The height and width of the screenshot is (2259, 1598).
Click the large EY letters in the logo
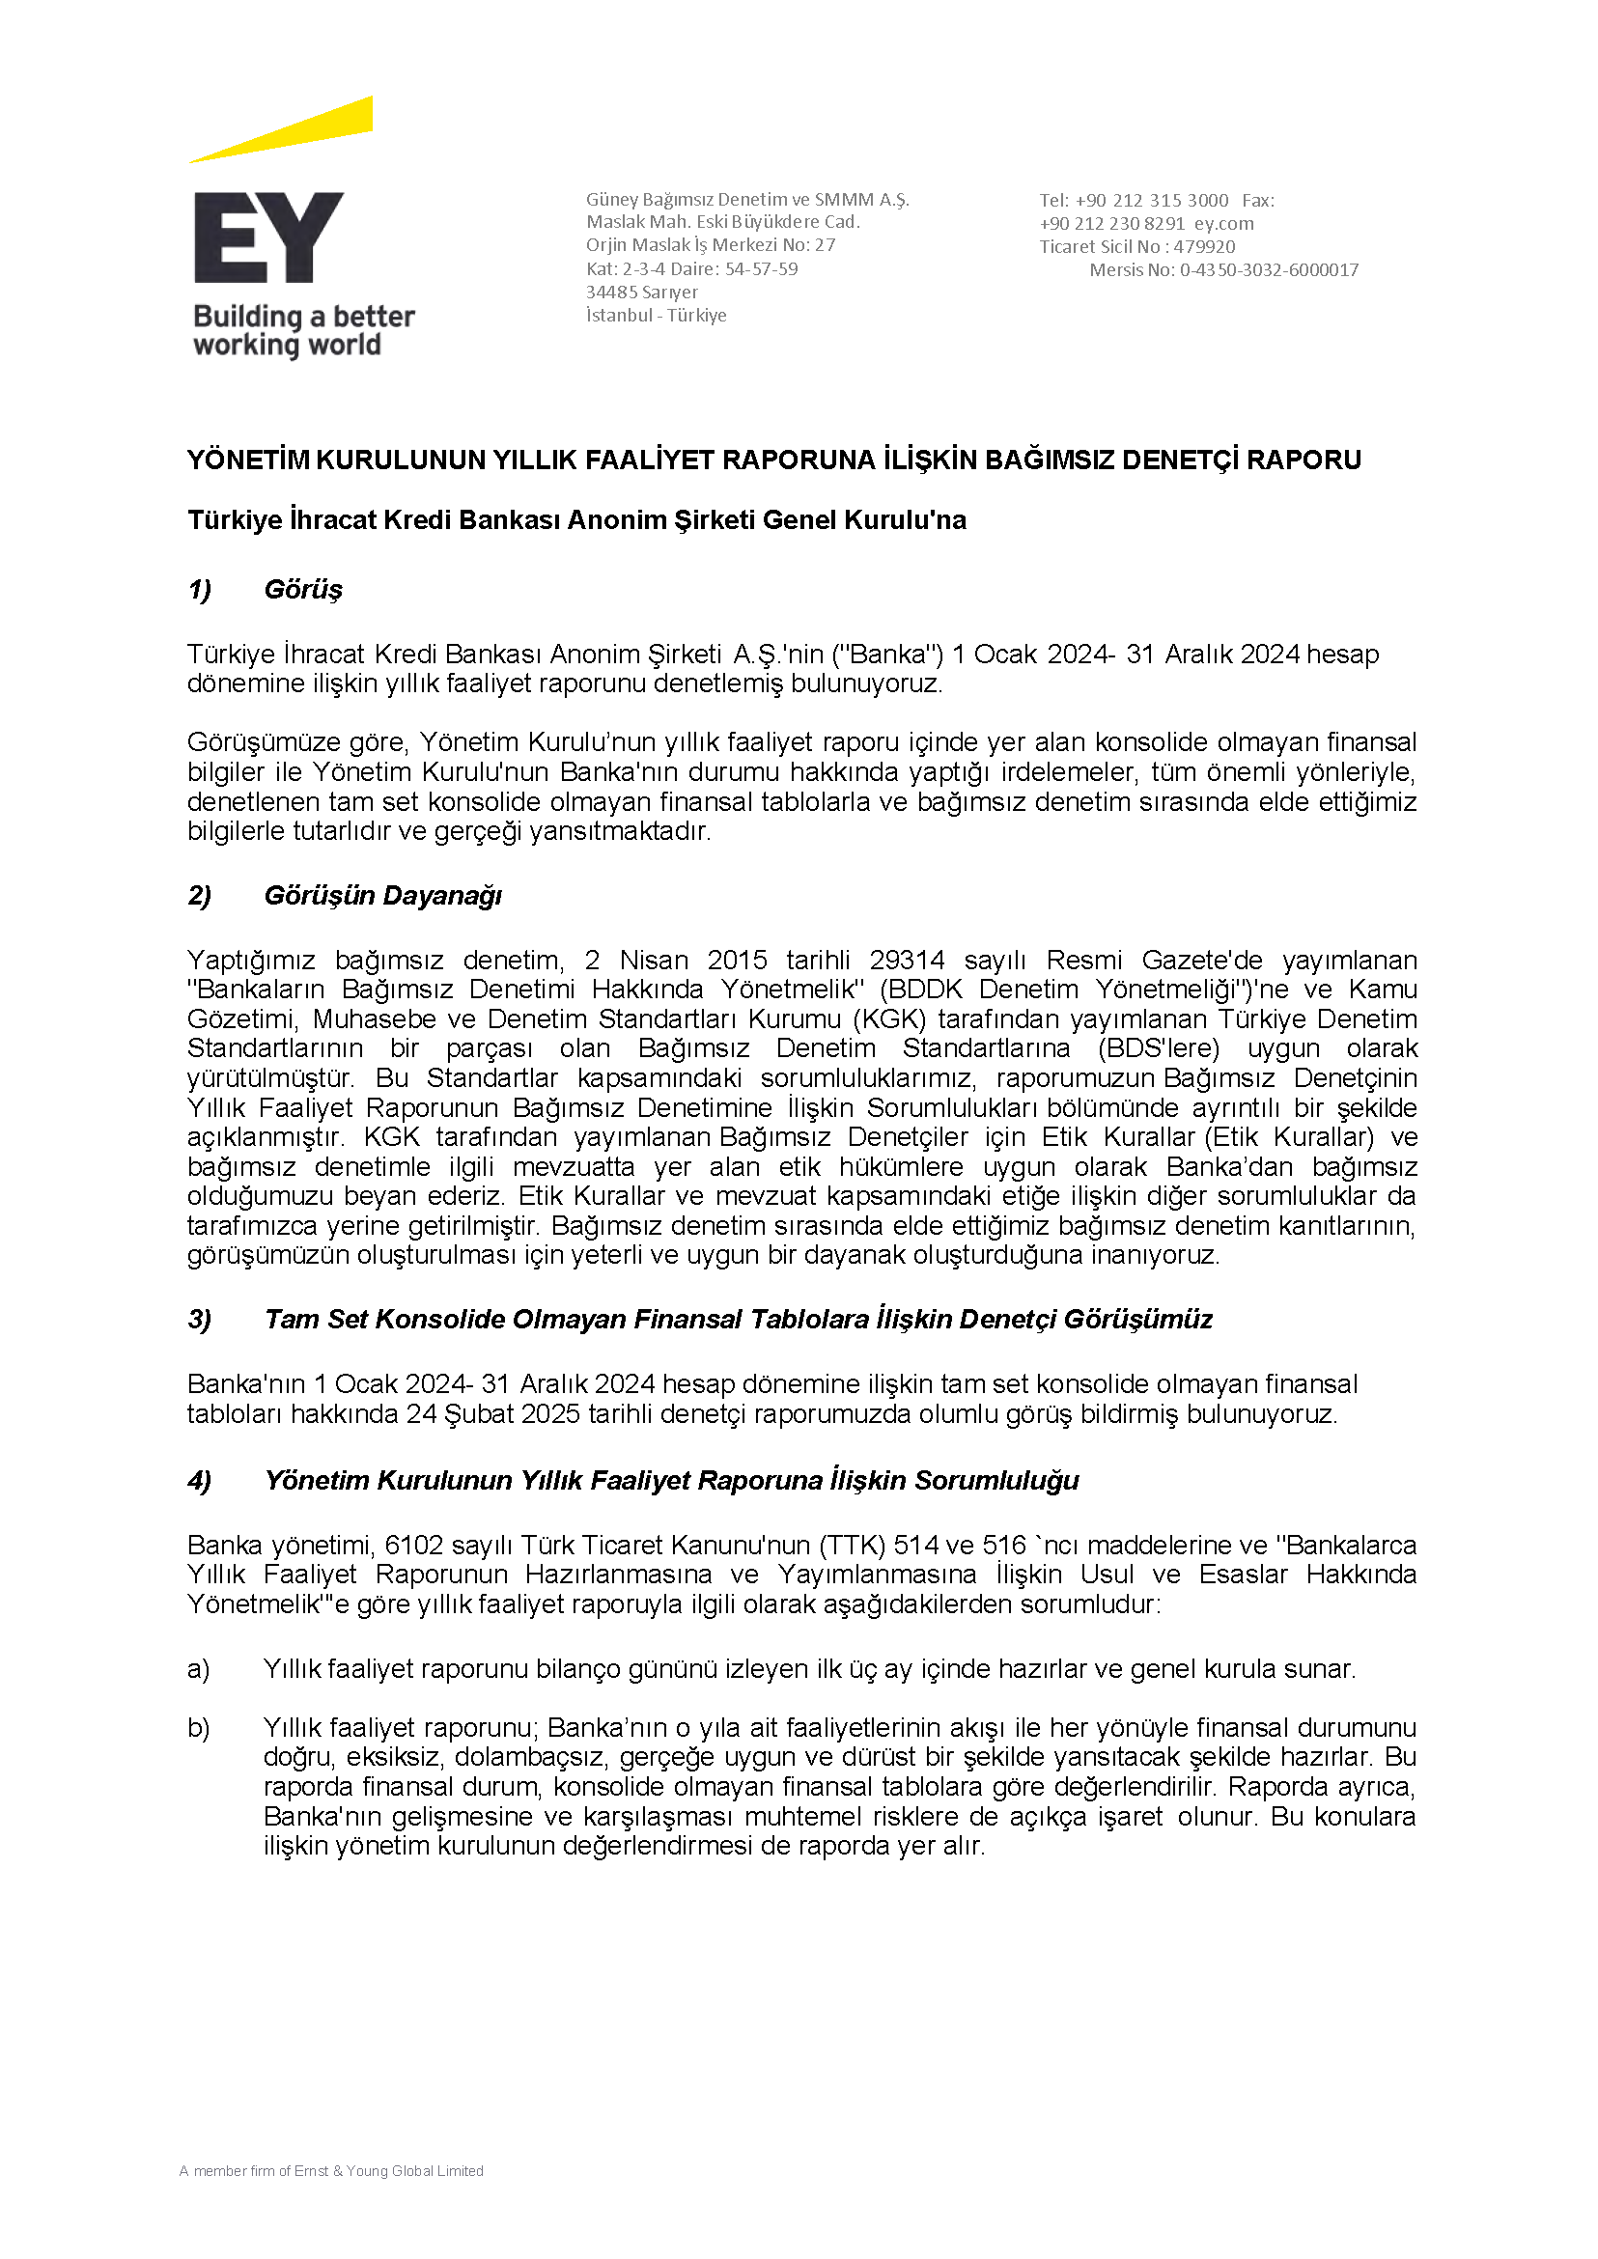267,238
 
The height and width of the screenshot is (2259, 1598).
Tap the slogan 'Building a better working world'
303,330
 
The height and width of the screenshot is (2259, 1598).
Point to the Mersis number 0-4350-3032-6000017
1269,270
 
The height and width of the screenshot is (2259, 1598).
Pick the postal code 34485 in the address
612,293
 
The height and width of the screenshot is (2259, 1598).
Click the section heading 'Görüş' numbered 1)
303,589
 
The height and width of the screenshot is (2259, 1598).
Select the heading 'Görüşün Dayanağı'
382,895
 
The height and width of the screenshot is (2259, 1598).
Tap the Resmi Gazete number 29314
907,960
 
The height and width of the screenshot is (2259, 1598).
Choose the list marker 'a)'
199,1669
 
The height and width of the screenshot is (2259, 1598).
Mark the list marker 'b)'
199,1728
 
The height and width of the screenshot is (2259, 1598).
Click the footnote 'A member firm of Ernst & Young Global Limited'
331,2170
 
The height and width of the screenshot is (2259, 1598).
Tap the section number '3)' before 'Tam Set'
200,1320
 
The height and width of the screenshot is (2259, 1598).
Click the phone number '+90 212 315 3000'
1151,201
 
